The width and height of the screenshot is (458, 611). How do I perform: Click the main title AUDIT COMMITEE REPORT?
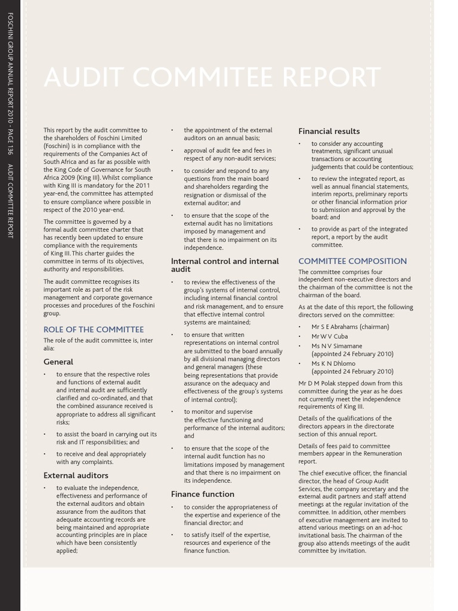pos(212,78)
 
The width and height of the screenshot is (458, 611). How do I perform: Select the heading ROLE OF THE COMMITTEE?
pos(94,329)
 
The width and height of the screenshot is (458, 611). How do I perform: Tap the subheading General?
pos(58,362)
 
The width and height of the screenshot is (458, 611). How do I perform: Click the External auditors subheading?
pos(76,476)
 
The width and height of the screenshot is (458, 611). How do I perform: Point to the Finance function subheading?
pos(203,494)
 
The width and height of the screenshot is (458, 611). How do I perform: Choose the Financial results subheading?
pos(329,131)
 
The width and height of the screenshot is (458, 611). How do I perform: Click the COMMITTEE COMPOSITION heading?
pos(352,261)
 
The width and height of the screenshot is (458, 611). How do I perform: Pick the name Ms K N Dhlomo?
pos(333,363)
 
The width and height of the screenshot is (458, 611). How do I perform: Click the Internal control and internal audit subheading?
pos(225,266)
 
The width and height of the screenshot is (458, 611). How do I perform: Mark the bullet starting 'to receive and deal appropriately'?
pos(101,458)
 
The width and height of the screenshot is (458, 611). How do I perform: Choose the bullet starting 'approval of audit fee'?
pos(227,155)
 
